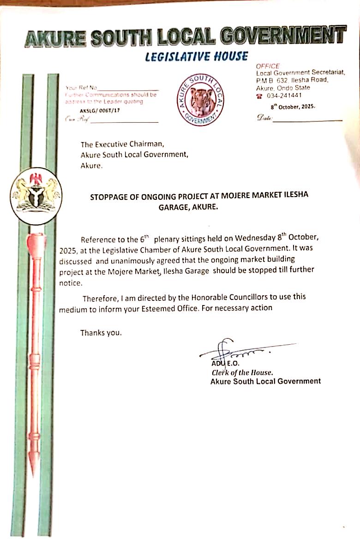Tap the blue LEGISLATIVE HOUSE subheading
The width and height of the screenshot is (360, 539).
(196, 57)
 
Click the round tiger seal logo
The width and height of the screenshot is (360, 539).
(201, 100)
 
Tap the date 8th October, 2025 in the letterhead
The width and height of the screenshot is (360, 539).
(293, 106)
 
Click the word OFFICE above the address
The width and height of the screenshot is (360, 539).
(268, 66)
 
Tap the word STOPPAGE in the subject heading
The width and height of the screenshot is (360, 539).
(110, 195)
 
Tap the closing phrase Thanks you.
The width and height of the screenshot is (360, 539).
(101, 332)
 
